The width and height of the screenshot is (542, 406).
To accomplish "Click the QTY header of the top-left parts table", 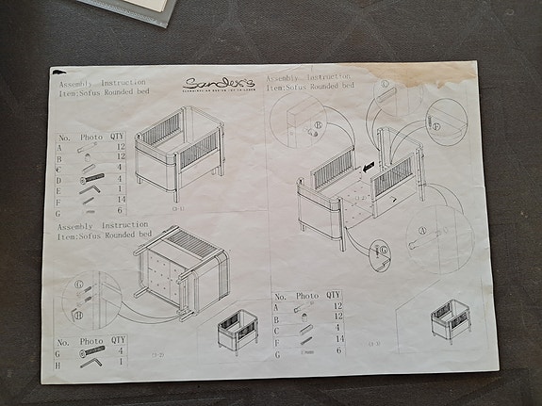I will tap(118, 137).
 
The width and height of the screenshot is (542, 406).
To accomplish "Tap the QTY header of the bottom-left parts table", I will tap(118, 340).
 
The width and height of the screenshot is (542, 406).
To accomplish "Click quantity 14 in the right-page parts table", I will tap(336, 338).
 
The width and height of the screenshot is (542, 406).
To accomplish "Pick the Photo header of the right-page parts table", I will tap(307, 295).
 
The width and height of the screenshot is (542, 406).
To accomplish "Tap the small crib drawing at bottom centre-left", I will tap(235, 331).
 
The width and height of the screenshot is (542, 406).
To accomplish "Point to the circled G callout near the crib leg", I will tap(381, 251).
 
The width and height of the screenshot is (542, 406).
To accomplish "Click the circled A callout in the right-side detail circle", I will tap(423, 228).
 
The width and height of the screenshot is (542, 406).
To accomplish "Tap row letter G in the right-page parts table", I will tap(276, 349).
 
